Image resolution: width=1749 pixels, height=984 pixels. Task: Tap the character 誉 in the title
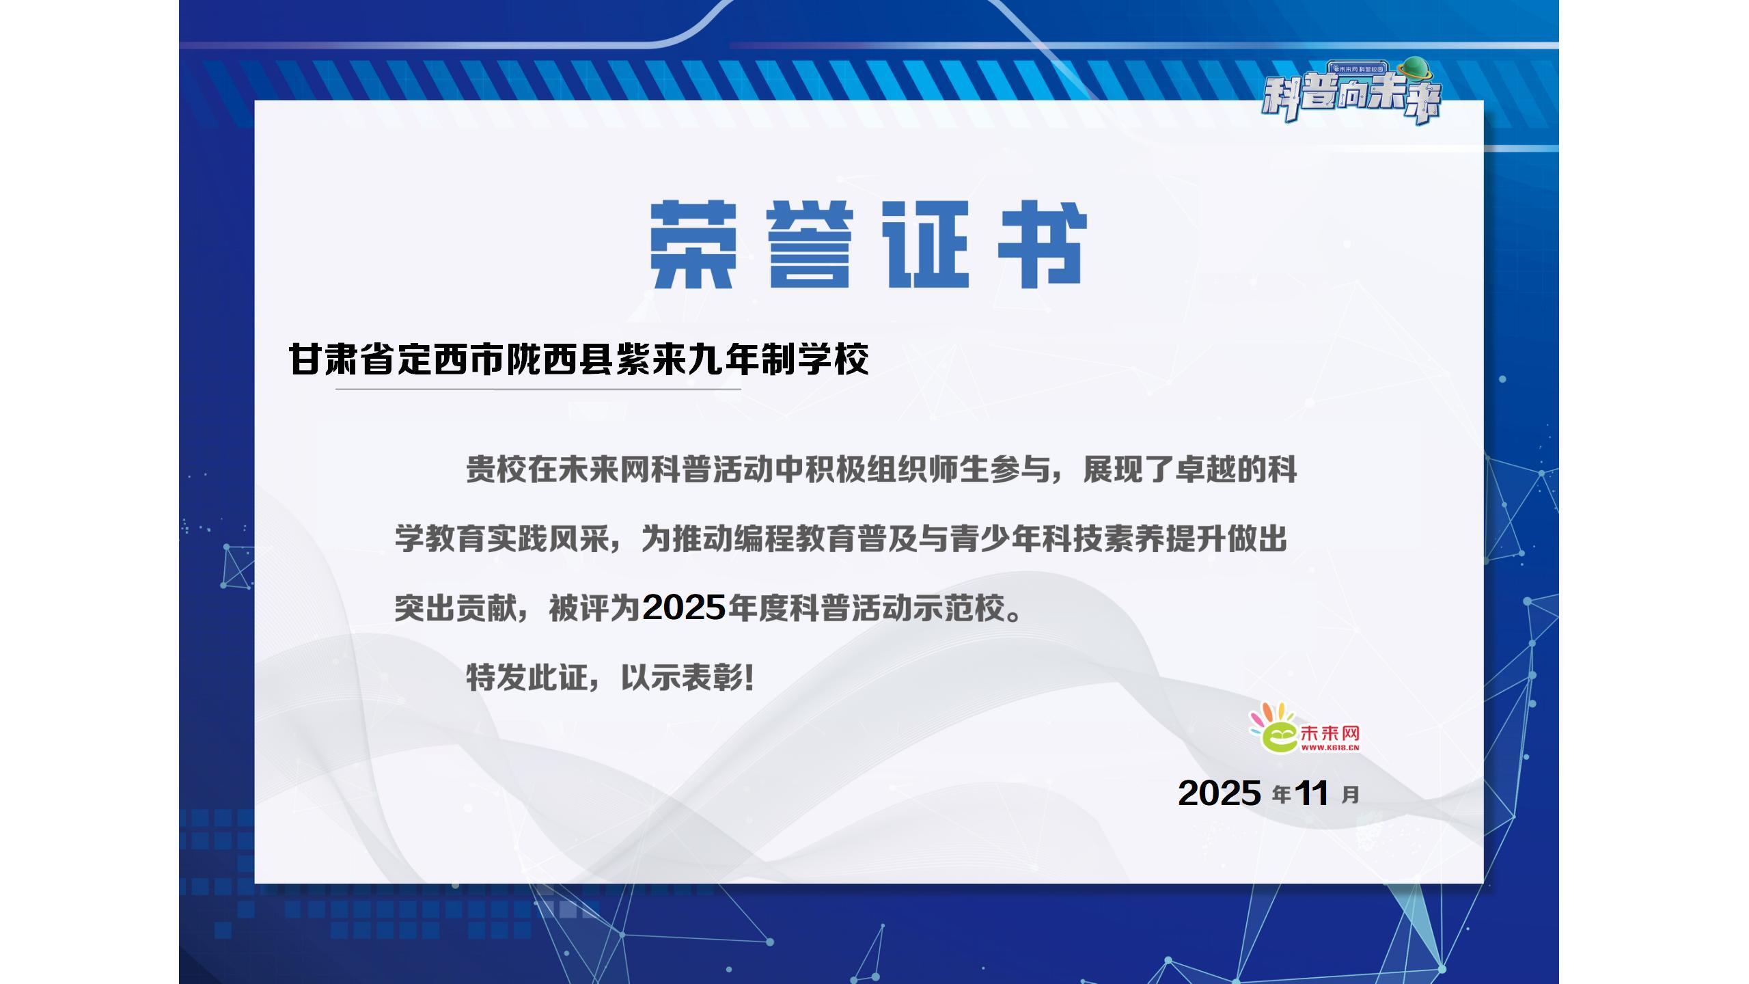(810, 245)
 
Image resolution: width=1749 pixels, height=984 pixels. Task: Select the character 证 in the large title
(926, 245)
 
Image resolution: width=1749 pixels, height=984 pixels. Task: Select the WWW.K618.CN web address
(1330, 748)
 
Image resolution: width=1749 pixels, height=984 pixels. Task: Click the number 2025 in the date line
(1220, 793)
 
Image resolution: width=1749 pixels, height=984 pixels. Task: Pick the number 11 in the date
(1312, 793)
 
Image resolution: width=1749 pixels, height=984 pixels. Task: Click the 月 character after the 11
(1350, 795)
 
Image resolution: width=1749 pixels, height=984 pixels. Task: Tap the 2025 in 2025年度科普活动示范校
(684, 607)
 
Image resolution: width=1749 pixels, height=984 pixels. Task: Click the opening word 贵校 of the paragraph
(497, 470)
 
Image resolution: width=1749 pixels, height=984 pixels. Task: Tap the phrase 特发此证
(527, 678)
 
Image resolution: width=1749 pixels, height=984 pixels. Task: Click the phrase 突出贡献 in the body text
(455, 607)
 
